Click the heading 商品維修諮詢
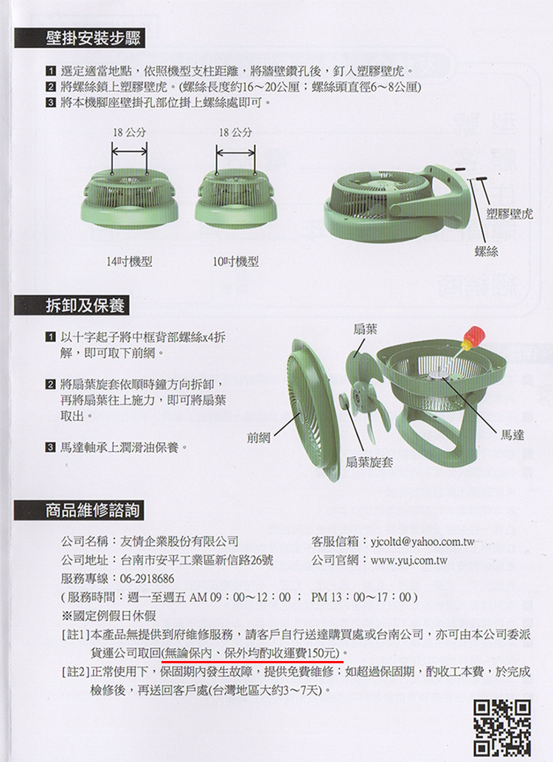click(x=85, y=509)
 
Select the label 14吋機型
click(x=129, y=262)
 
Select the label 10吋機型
click(x=235, y=262)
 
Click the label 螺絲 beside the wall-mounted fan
click(x=487, y=252)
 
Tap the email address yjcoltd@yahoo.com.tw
click(x=424, y=542)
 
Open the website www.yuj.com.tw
click(x=409, y=560)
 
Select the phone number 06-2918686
click(x=147, y=578)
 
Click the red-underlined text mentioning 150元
click(x=251, y=651)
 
